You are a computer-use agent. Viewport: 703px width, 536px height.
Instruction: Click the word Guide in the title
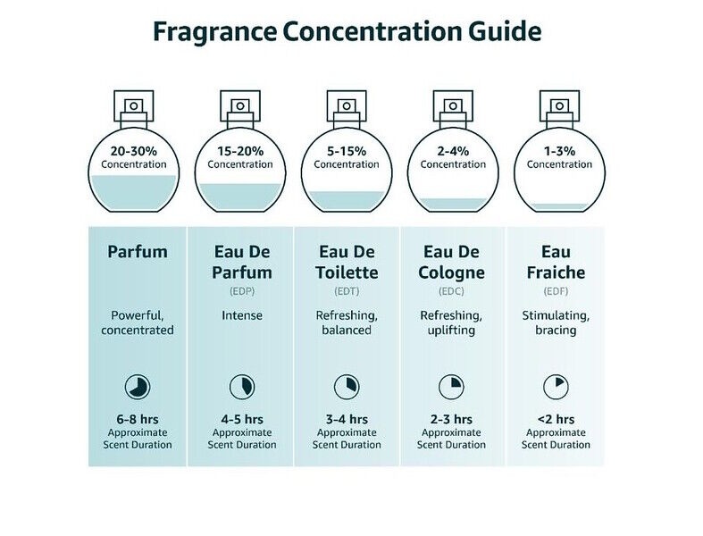502,32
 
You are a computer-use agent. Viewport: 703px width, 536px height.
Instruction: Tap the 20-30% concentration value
134,151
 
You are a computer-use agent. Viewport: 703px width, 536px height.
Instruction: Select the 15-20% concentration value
240,151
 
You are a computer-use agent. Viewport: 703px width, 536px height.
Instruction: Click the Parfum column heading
137,251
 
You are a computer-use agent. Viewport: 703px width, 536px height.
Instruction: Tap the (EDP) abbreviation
242,290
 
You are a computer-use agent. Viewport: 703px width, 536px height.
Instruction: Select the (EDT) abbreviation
347,290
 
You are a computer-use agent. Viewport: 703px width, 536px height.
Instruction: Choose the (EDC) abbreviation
452,290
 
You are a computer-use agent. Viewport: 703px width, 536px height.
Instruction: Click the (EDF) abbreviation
557,290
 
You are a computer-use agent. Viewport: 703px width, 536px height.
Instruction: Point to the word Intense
242,315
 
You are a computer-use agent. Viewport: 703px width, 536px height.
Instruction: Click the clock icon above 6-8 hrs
137,387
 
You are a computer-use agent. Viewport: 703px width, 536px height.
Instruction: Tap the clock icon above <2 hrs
556,387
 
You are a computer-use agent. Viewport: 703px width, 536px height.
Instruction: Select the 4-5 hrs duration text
242,418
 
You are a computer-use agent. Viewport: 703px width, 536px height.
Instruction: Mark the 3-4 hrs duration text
347,418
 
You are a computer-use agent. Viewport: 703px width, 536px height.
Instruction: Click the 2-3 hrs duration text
451,418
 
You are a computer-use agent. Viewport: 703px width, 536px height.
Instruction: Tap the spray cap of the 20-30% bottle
134,106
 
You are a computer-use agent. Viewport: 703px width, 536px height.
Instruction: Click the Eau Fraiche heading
557,262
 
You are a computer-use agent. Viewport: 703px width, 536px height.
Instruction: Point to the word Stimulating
556,315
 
